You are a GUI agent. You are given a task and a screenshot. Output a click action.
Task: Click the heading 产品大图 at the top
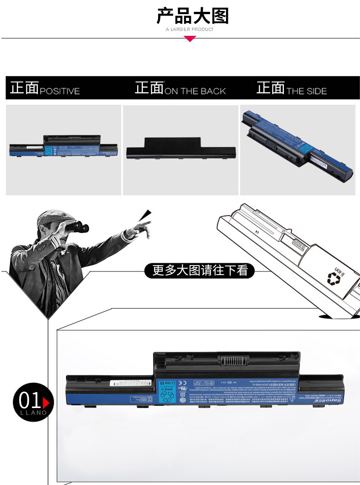(x=192, y=16)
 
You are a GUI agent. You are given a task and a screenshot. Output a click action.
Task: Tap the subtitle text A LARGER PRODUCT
(x=190, y=30)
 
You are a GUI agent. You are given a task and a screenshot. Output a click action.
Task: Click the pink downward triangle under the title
(x=190, y=39)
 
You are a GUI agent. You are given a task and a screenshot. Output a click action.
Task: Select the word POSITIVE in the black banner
(x=60, y=91)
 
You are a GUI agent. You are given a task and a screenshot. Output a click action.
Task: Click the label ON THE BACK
(x=195, y=91)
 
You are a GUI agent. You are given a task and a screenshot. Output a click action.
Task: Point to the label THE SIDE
(x=306, y=91)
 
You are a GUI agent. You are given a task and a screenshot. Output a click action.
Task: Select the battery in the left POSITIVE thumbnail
(x=63, y=147)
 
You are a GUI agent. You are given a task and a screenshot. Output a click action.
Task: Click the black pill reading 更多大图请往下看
(x=200, y=271)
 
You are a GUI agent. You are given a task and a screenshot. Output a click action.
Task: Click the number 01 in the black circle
(x=30, y=401)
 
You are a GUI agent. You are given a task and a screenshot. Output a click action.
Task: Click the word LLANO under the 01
(x=33, y=413)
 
